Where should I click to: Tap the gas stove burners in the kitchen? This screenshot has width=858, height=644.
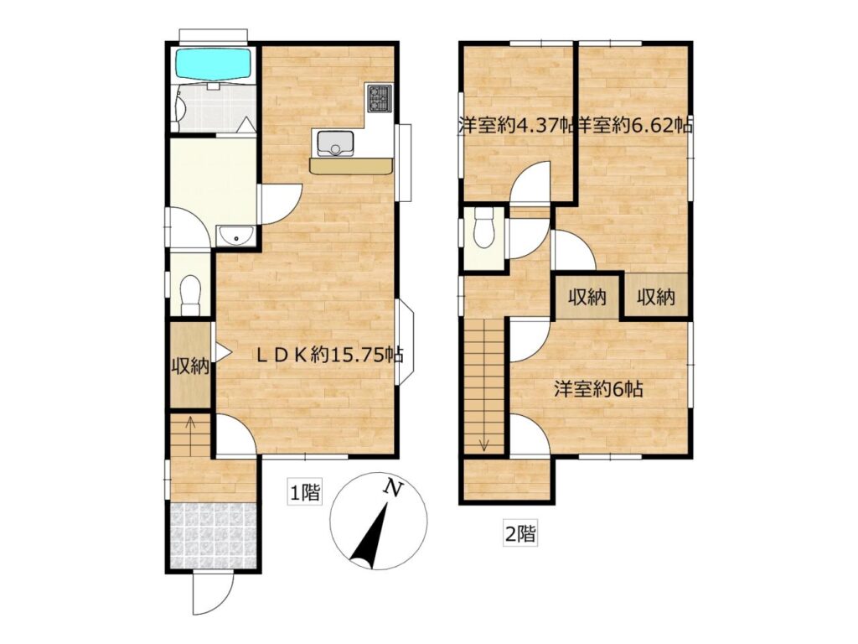click(380, 99)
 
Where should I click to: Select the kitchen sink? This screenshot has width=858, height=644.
click(333, 143)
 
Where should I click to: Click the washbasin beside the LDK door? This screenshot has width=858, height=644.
click(235, 236)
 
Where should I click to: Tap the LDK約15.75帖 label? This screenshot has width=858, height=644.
click(330, 356)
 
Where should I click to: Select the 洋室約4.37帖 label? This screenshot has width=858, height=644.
click(515, 126)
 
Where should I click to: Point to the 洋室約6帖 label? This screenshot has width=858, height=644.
click(598, 389)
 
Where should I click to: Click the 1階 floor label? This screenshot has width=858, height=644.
click(304, 493)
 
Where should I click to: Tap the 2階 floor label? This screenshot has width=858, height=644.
click(519, 532)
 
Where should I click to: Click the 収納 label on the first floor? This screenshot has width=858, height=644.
click(190, 366)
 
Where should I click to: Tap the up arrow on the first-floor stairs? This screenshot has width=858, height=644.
click(190, 436)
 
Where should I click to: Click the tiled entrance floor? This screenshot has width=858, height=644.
click(214, 536)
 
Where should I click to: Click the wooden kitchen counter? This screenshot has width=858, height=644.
click(351, 166)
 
